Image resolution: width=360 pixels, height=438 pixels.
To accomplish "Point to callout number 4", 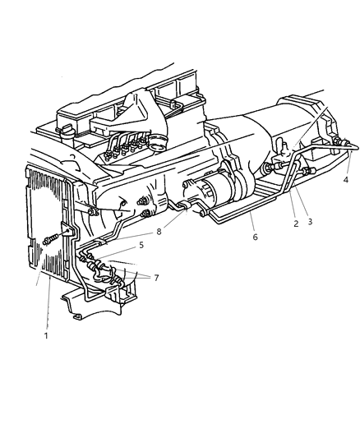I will pos(345,179).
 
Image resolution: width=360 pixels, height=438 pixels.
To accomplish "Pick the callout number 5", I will pos(141,245).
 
